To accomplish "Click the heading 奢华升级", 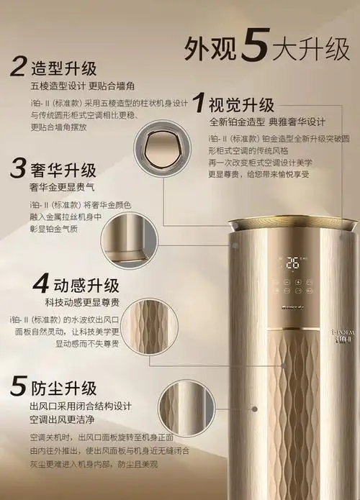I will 63,171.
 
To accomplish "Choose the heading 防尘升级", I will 63,389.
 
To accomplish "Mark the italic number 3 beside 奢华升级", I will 18,170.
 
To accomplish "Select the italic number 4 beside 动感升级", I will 22,280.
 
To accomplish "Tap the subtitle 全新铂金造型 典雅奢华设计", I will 267,121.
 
